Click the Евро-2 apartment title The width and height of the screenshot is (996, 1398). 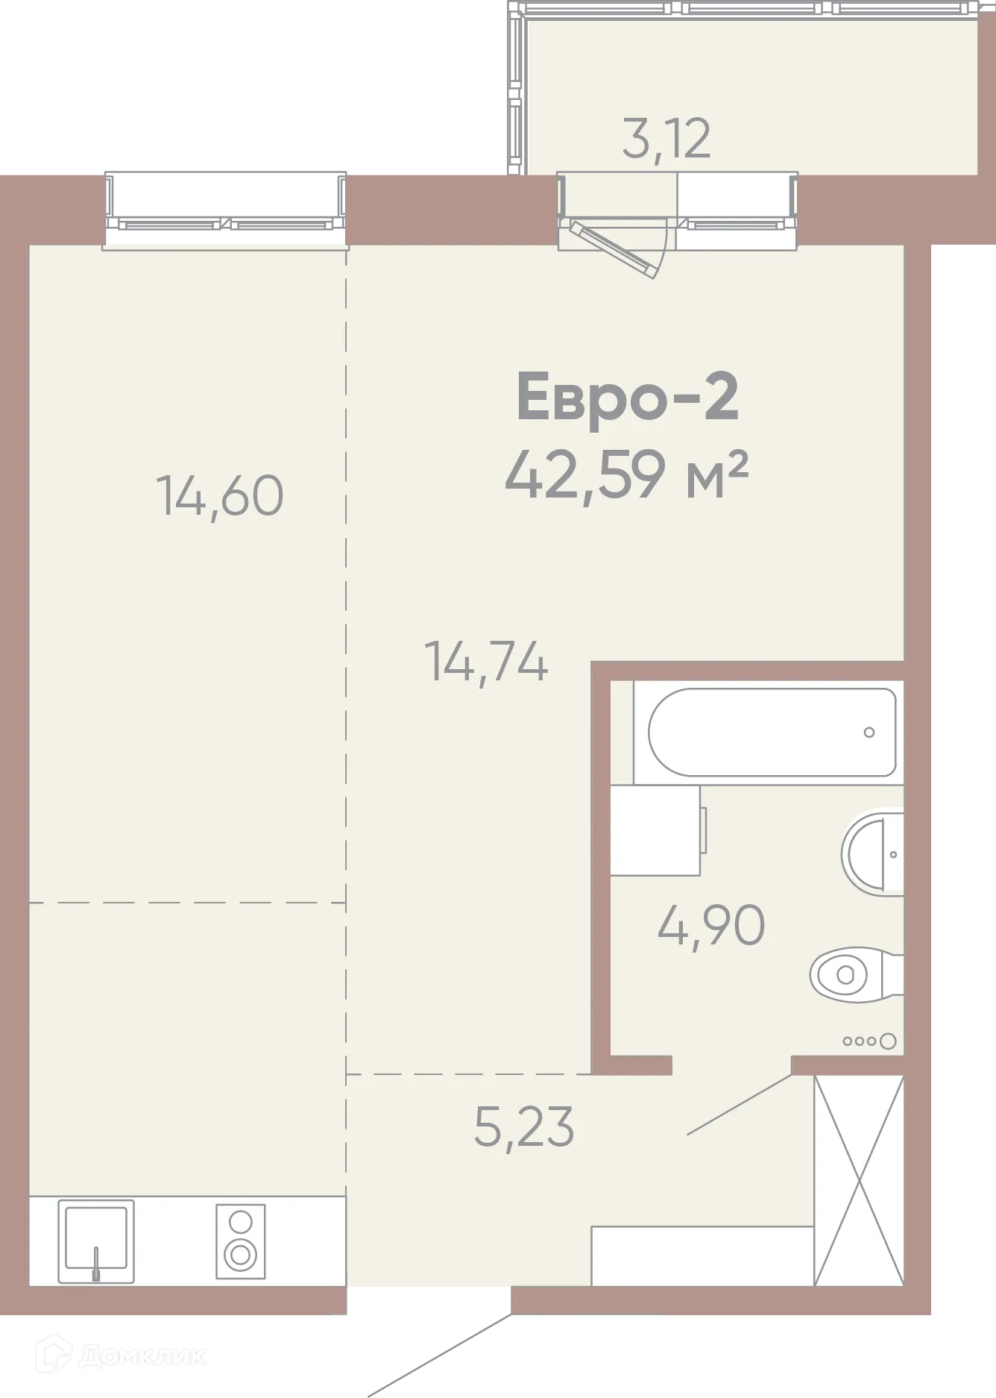(x=628, y=398)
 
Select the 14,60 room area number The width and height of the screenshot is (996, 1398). (x=220, y=496)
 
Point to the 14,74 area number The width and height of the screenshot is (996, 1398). (x=486, y=662)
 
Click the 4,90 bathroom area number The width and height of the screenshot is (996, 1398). (x=711, y=926)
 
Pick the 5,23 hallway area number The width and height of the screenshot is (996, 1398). (x=524, y=1127)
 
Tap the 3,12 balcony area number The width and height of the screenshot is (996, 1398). (x=666, y=140)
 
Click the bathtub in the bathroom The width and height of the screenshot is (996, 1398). (x=772, y=733)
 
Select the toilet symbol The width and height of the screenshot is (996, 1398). (x=857, y=975)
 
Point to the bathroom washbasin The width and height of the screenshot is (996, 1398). (x=872, y=854)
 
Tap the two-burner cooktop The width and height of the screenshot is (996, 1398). (x=241, y=1241)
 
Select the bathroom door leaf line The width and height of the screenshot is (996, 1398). (x=739, y=1105)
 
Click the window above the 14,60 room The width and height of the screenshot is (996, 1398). (x=225, y=211)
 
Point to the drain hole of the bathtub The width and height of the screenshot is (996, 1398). (x=869, y=733)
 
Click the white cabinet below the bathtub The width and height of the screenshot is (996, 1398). (x=655, y=830)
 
